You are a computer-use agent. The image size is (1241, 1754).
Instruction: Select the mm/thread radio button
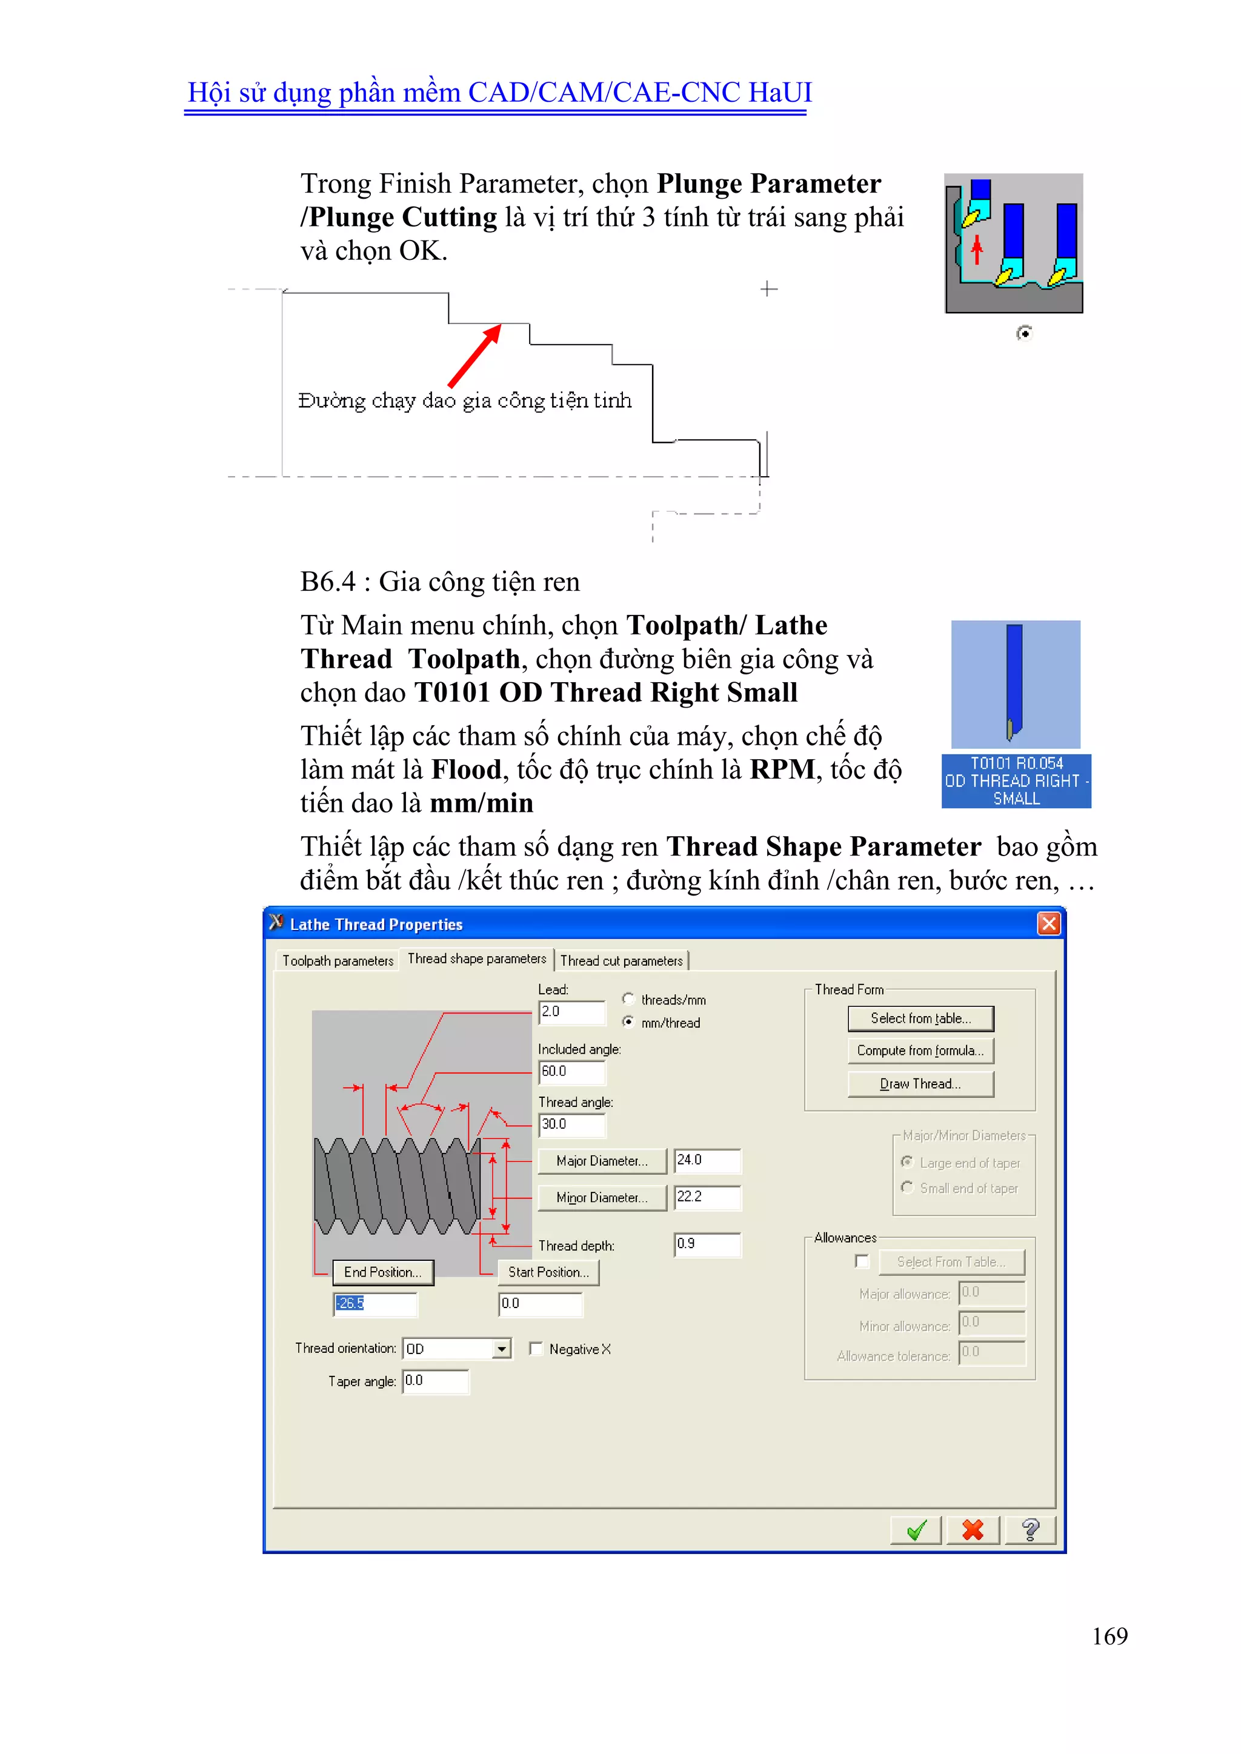click(628, 1022)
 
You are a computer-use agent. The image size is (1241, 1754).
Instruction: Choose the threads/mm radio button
click(628, 998)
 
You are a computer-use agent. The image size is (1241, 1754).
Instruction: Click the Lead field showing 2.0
click(571, 1012)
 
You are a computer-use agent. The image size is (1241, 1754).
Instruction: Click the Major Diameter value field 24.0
click(707, 1160)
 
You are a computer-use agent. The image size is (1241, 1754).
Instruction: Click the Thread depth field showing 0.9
click(707, 1244)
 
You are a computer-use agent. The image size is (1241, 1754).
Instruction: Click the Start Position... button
click(548, 1272)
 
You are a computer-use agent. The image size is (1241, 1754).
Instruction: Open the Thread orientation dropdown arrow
click(501, 1349)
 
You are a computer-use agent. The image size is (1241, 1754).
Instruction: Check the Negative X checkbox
click(536, 1349)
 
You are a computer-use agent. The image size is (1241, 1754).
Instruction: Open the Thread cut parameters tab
click(621, 961)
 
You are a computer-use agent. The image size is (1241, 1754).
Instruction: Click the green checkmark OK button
click(916, 1530)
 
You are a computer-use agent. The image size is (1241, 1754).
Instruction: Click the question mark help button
click(1030, 1530)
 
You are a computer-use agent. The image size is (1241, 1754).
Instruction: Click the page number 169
click(1110, 1636)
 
